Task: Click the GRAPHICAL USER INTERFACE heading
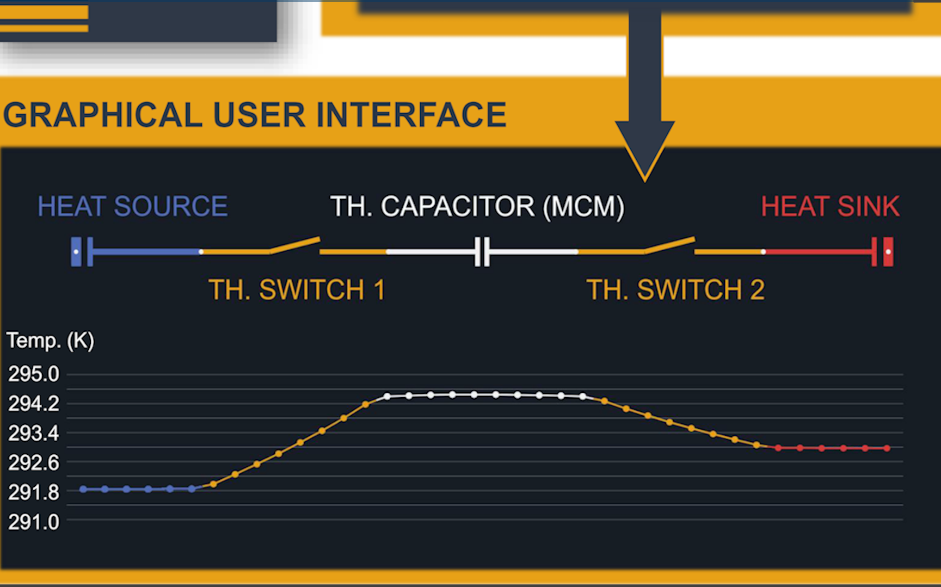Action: click(x=255, y=115)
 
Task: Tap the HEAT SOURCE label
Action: click(x=132, y=207)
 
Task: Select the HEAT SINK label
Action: click(x=830, y=207)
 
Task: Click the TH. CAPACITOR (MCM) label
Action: click(x=477, y=207)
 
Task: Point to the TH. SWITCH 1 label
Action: click(x=297, y=289)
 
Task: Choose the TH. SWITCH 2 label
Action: click(x=675, y=289)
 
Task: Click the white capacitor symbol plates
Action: click(x=482, y=251)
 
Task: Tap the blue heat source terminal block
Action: click(x=76, y=251)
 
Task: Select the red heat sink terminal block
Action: click(x=888, y=251)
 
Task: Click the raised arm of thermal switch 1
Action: click(x=295, y=245)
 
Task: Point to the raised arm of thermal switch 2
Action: click(x=670, y=245)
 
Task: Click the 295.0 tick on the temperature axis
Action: click(x=33, y=374)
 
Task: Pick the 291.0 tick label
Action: click(x=33, y=522)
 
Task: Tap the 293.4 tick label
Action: click(x=33, y=434)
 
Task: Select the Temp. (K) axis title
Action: click(x=50, y=341)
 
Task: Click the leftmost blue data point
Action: click(x=83, y=489)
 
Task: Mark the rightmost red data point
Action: click(x=887, y=448)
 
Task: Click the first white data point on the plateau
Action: click(x=387, y=397)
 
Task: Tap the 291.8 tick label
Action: click(x=33, y=493)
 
